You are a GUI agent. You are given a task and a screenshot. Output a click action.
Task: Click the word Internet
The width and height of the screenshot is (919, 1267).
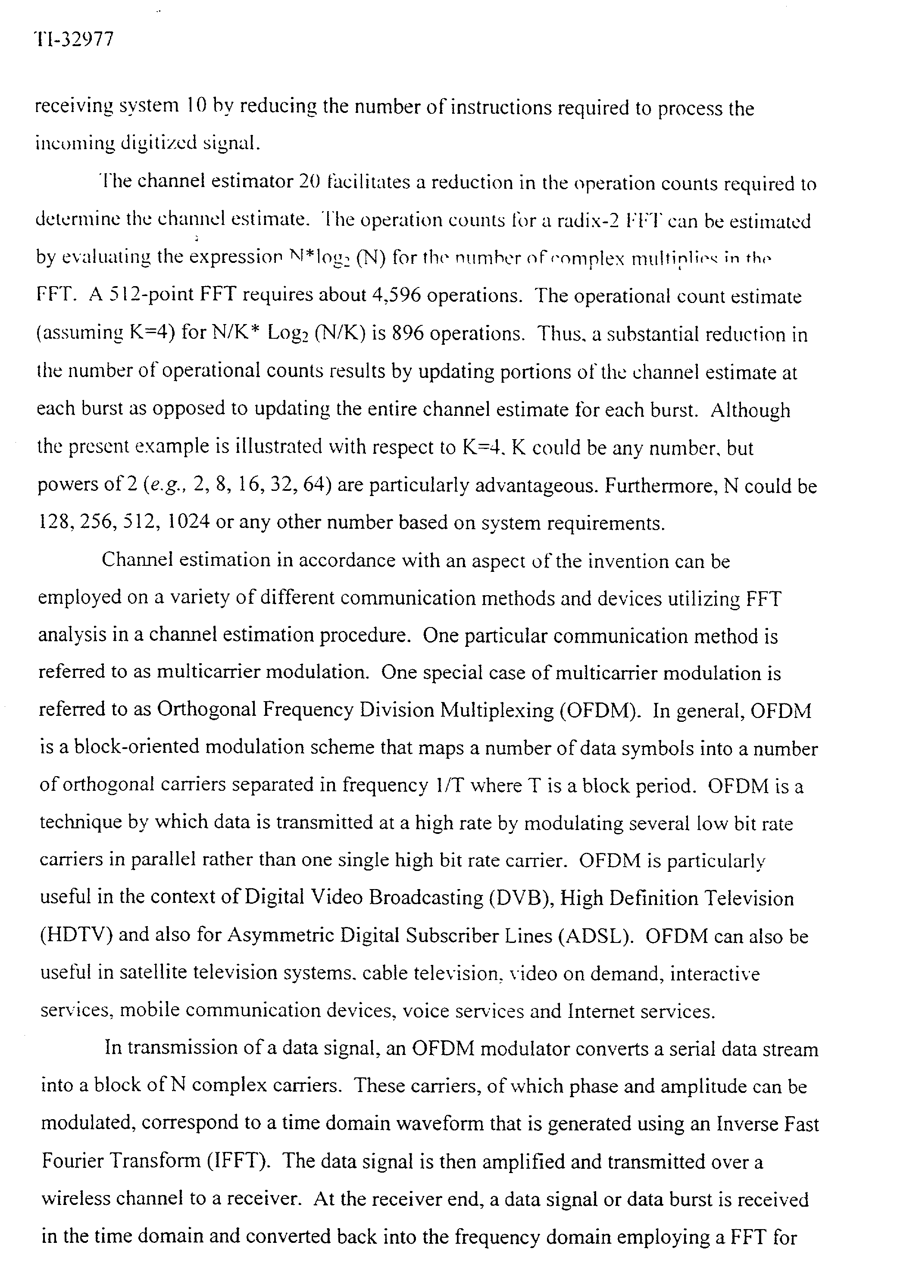(601, 1011)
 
